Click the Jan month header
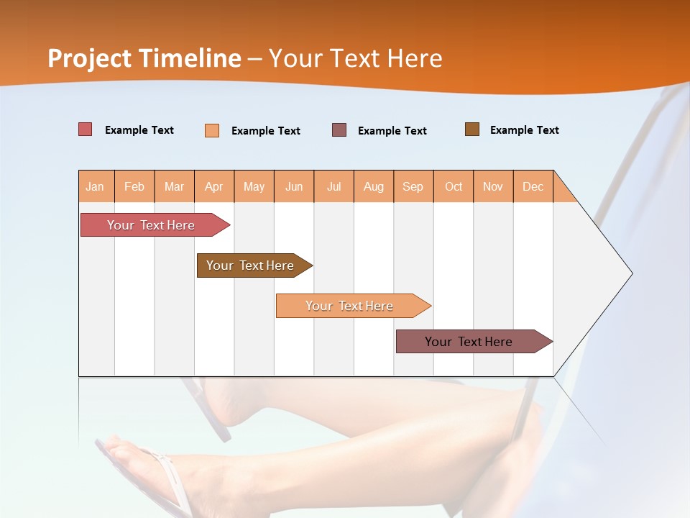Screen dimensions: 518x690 [96, 186]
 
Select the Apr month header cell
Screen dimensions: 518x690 [214, 186]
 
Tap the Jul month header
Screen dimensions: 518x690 [333, 186]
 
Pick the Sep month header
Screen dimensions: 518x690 [413, 186]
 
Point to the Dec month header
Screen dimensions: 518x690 [533, 186]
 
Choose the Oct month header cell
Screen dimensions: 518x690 [454, 186]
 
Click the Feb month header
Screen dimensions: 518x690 [134, 186]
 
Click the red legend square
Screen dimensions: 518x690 [86, 129]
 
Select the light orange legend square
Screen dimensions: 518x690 [212, 130]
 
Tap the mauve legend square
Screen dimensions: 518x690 [339, 129]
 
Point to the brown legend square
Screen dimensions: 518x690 [472, 129]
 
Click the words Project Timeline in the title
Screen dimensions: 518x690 [144, 58]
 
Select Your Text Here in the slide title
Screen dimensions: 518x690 [355, 58]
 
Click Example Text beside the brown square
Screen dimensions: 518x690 [524, 130]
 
